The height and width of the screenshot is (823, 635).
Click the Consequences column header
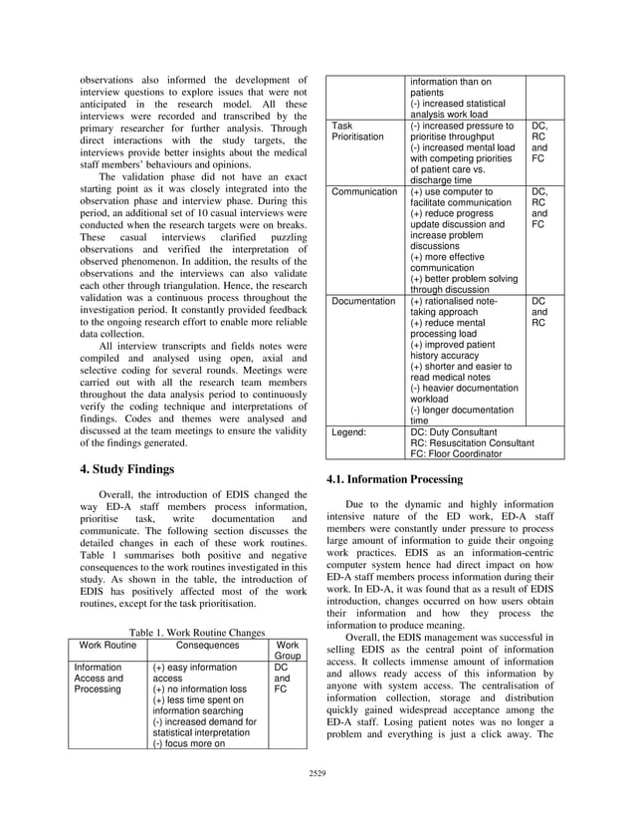coord(208,645)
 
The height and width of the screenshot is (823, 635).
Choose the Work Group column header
coord(287,651)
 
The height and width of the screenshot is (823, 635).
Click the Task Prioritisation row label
coord(356,133)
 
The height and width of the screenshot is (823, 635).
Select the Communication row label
coord(364,191)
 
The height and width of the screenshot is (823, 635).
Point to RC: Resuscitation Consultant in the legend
coord(472,442)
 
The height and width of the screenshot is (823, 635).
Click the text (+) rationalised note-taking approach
coord(457,306)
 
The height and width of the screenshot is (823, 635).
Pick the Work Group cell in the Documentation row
coord(538,311)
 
